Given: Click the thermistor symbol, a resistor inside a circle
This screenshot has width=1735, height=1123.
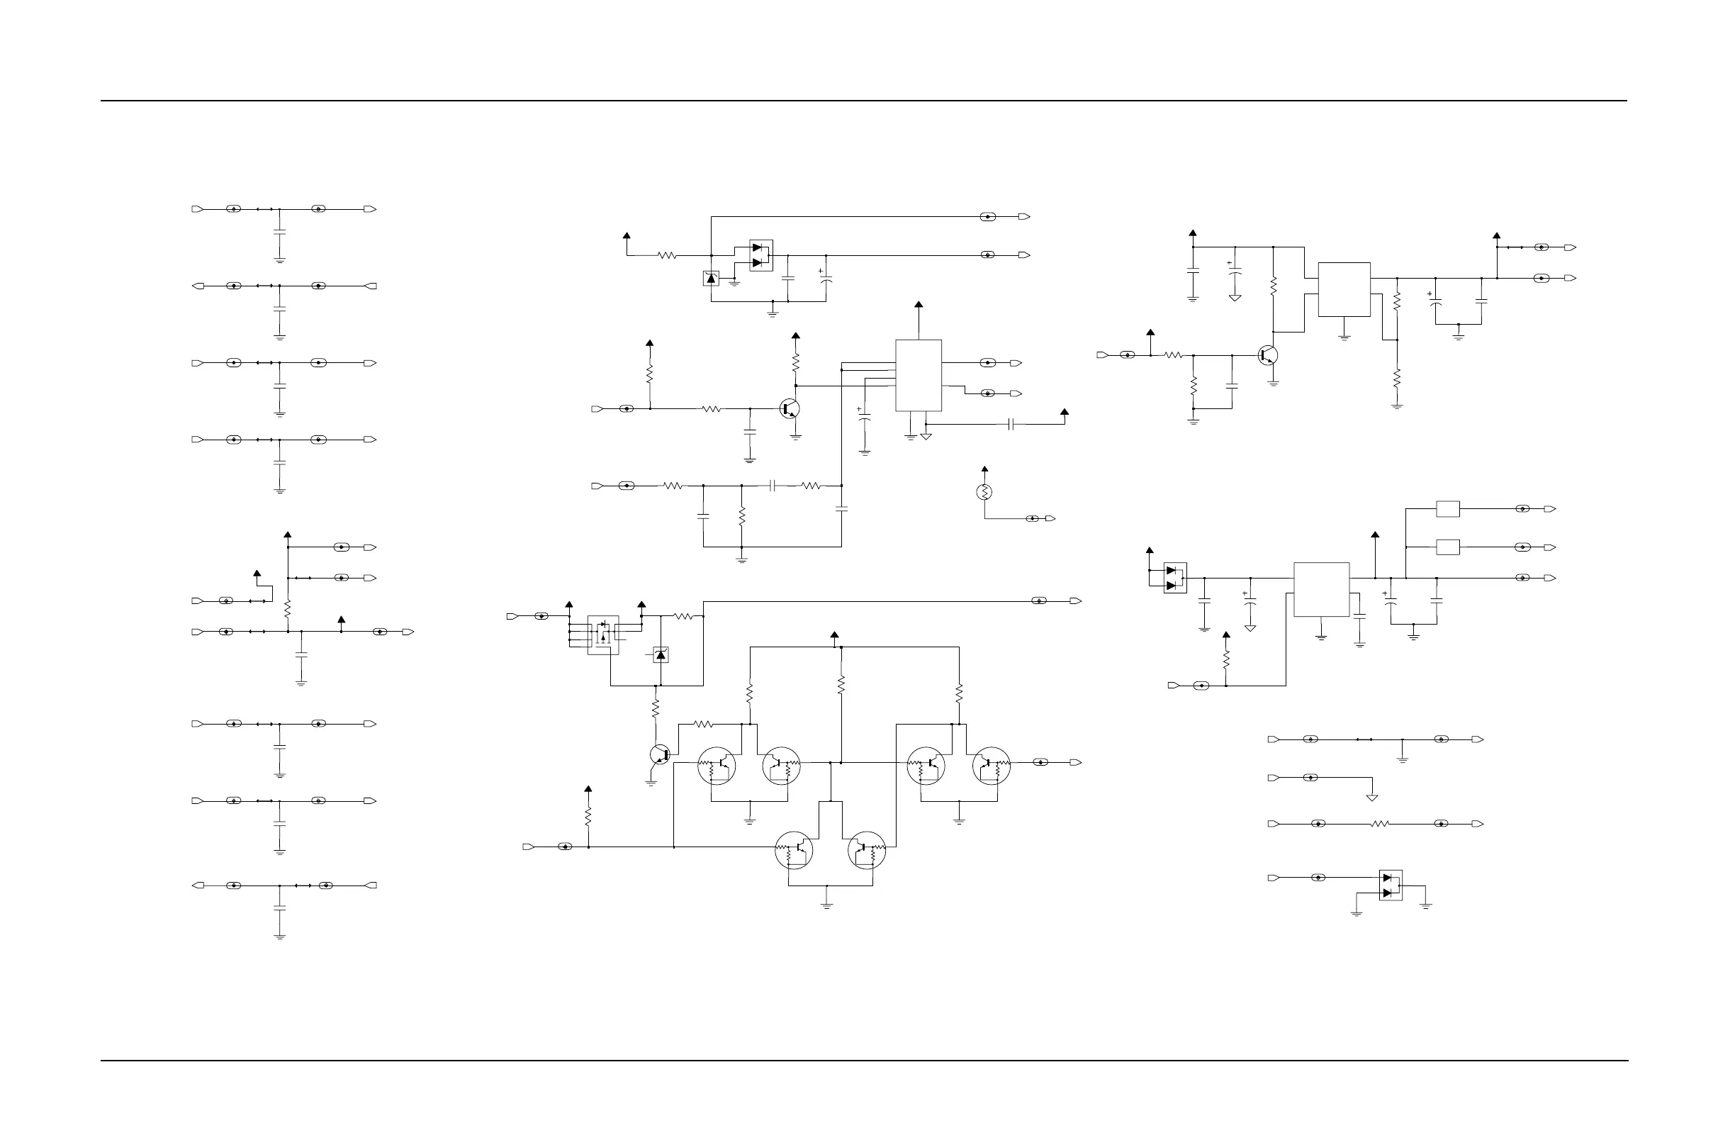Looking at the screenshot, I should (x=984, y=492).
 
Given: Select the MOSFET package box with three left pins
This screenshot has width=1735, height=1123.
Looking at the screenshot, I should (x=603, y=635).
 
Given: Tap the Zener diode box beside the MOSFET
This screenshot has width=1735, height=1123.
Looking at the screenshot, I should (x=661, y=655).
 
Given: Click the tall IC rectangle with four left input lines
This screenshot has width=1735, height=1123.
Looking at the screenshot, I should (x=919, y=376).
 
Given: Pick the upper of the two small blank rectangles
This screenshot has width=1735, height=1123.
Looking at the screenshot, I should (x=1448, y=509).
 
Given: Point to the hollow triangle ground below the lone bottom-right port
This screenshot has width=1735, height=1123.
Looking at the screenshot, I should (x=1372, y=798).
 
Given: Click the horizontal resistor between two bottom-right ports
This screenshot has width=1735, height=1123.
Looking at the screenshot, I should (x=1380, y=824).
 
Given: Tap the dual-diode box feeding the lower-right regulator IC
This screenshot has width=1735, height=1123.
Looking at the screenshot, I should (x=1174, y=579).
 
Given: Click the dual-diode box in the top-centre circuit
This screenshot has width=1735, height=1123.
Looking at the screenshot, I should (x=761, y=255).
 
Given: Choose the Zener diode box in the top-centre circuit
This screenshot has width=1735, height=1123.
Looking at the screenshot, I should (x=712, y=279).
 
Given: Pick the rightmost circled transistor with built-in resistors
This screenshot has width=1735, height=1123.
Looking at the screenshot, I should (x=992, y=766).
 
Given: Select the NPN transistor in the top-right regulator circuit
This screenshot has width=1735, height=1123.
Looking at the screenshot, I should (x=1269, y=356).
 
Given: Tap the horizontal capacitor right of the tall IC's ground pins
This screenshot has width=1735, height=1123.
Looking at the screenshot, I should (x=1011, y=425).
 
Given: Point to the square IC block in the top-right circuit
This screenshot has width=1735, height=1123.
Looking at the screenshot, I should (x=1344, y=289).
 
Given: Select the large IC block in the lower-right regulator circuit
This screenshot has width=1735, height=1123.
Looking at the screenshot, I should (x=1321, y=589).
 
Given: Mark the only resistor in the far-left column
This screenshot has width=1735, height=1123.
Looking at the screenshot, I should (x=288, y=608).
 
